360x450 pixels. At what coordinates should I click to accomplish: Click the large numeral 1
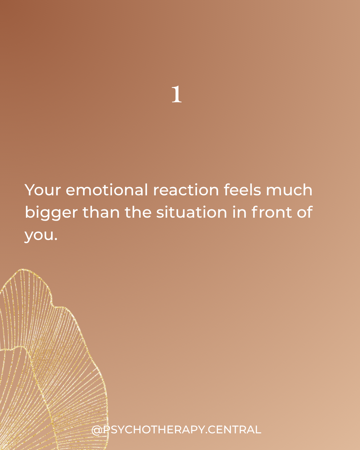coord(177,94)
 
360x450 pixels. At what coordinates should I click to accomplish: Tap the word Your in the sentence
coord(43,190)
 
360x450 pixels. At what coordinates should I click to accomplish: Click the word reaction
coord(186,190)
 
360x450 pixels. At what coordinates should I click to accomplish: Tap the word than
coord(101,212)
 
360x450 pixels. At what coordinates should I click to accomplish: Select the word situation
coord(192,212)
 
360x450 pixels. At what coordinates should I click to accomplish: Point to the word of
coord(305,212)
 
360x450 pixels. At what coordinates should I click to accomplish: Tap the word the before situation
coord(138,212)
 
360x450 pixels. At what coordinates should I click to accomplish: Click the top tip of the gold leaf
coord(22,269)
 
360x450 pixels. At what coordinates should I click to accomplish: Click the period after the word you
coord(56,239)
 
